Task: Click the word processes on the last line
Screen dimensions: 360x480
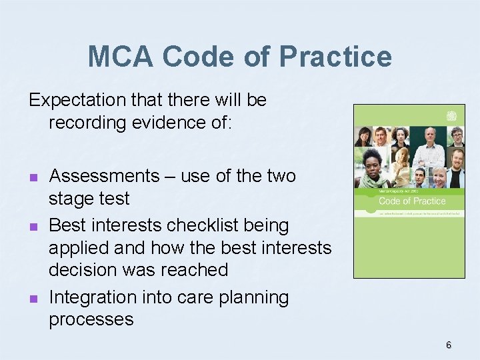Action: tap(91, 319)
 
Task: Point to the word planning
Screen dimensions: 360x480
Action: tap(256, 297)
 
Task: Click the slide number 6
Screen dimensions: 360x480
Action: tap(449, 345)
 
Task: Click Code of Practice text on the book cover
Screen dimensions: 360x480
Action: tap(412, 201)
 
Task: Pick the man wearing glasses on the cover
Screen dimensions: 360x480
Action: tap(457, 137)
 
